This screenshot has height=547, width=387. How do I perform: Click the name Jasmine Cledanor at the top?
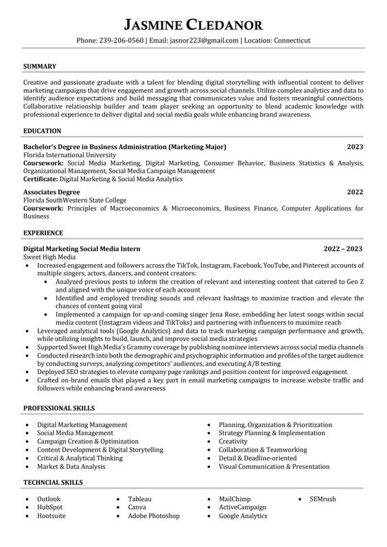click(193, 25)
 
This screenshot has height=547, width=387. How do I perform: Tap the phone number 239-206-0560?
click(121, 40)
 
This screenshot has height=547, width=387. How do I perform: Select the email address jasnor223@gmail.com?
click(204, 40)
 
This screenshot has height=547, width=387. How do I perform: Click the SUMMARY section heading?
click(40, 67)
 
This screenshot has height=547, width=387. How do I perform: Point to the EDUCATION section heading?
click(43, 130)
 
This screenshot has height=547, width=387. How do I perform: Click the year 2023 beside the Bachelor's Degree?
click(355, 147)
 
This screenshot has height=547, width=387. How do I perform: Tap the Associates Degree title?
click(51, 191)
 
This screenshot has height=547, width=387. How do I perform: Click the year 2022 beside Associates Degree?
click(355, 191)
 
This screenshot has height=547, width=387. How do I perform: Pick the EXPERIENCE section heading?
click(43, 233)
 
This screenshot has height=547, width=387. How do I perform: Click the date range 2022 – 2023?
click(343, 248)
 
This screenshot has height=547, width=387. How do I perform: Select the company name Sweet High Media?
click(51, 257)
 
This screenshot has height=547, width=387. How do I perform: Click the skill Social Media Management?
click(75, 433)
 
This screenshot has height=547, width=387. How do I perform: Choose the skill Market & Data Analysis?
click(71, 466)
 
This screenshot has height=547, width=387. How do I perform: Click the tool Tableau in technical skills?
click(139, 499)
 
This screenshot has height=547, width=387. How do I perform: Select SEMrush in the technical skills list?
click(322, 499)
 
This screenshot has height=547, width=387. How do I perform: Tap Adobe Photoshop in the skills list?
click(154, 515)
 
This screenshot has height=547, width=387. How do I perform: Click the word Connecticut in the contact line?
click(292, 40)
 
